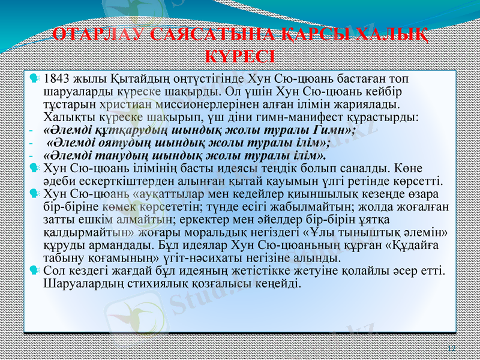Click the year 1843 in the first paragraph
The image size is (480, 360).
pos(58,79)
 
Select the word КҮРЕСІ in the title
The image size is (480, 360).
pos(240,56)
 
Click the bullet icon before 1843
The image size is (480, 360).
pos(35,79)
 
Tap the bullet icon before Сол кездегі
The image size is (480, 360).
pos(35,271)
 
